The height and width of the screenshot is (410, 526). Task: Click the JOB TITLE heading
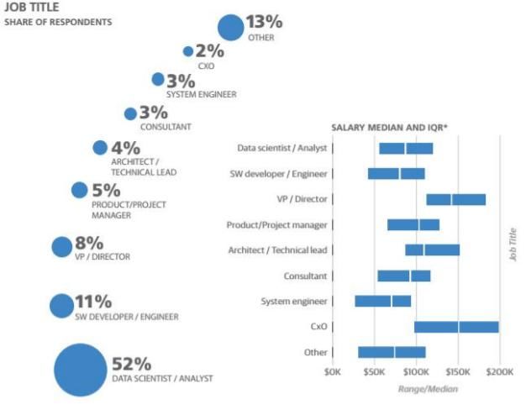(29, 8)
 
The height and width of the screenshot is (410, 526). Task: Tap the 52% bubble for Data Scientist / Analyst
(81, 370)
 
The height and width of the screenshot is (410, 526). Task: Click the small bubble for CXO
(188, 51)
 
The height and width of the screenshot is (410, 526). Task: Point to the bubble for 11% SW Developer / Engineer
(61, 306)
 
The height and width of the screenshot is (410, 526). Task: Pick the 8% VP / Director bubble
(62, 247)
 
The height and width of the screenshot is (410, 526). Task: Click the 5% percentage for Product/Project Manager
(106, 191)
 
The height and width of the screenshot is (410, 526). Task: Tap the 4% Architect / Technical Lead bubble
(100, 148)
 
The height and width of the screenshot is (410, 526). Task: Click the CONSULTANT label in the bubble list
(166, 127)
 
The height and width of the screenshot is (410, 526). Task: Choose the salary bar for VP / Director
(455, 199)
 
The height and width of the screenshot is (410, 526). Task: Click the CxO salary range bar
(456, 327)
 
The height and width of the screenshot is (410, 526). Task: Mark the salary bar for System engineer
(383, 301)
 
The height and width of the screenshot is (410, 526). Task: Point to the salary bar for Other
(392, 352)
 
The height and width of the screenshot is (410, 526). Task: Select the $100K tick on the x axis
(417, 371)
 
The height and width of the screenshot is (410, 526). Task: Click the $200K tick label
(499, 371)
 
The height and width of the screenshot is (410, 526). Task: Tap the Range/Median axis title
(427, 389)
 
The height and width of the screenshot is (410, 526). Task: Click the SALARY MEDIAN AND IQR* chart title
(389, 127)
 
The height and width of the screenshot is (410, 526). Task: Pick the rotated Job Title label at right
(513, 244)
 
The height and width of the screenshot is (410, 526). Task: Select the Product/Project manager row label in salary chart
(276, 225)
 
